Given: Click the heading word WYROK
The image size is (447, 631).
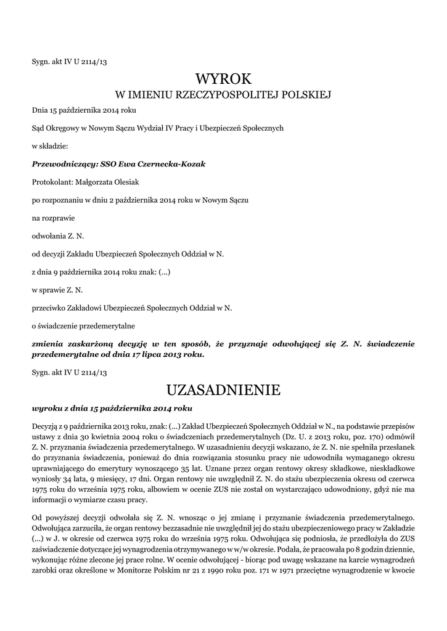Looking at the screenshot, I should tap(223, 78).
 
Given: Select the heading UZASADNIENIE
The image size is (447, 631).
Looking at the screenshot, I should tap(223, 389).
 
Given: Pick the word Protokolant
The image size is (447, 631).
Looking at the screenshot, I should tap(52, 182).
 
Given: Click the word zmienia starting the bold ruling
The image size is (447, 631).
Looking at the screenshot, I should tap(50, 343).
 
